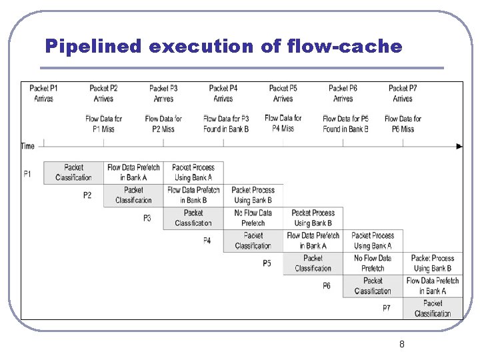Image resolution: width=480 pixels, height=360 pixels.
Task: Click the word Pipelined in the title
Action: click(93, 46)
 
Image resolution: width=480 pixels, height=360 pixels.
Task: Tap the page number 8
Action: click(401, 344)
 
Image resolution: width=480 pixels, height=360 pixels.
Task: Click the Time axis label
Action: click(28, 146)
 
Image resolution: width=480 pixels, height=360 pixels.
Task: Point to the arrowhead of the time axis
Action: click(459, 146)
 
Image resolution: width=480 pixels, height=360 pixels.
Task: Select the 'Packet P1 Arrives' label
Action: click(44, 93)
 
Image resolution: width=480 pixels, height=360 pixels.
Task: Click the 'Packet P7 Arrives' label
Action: click(403, 93)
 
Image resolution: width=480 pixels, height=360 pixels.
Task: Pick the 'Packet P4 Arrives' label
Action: click(223, 93)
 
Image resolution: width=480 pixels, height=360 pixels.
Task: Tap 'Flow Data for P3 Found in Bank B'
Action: click(226, 124)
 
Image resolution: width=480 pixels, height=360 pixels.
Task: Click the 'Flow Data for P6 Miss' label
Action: click(403, 124)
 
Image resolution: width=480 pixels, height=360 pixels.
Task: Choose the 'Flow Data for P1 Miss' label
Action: click(104, 124)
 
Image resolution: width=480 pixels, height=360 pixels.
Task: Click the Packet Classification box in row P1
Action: click(73, 173)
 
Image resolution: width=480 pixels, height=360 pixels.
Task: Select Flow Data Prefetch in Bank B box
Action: click(193, 195)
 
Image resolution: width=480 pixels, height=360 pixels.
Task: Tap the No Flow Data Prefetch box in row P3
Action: click(253, 218)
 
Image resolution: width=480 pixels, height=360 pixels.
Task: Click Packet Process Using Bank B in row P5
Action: click(433, 263)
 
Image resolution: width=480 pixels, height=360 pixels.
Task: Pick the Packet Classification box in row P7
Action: click(433, 309)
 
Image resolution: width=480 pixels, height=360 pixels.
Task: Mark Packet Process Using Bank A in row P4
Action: click(373, 241)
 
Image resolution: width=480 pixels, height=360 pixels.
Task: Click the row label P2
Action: click(87, 195)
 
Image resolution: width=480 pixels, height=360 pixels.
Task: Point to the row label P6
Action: click(327, 286)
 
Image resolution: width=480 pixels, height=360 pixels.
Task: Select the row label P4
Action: click(207, 241)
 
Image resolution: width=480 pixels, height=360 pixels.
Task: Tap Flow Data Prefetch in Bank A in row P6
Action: click(433, 286)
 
